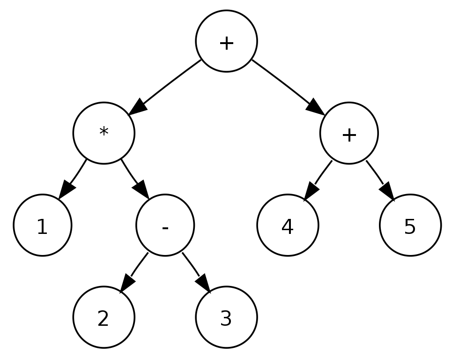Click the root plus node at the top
point(226,41)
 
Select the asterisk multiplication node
point(104,133)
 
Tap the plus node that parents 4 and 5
point(349,133)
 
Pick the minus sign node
point(165,225)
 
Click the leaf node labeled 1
point(42,225)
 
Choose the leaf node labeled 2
point(104,317)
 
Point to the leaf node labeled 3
point(226,317)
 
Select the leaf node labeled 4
point(288,225)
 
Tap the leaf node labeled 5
point(410,225)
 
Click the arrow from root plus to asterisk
point(164,87)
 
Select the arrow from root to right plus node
point(288,87)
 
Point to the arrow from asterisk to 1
point(73,179)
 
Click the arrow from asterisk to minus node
point(134,179)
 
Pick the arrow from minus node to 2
point(133,273)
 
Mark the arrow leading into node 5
point(380,180)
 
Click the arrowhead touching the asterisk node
point(138,108)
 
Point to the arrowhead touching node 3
point(203,283)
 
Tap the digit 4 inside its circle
point(288,226)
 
